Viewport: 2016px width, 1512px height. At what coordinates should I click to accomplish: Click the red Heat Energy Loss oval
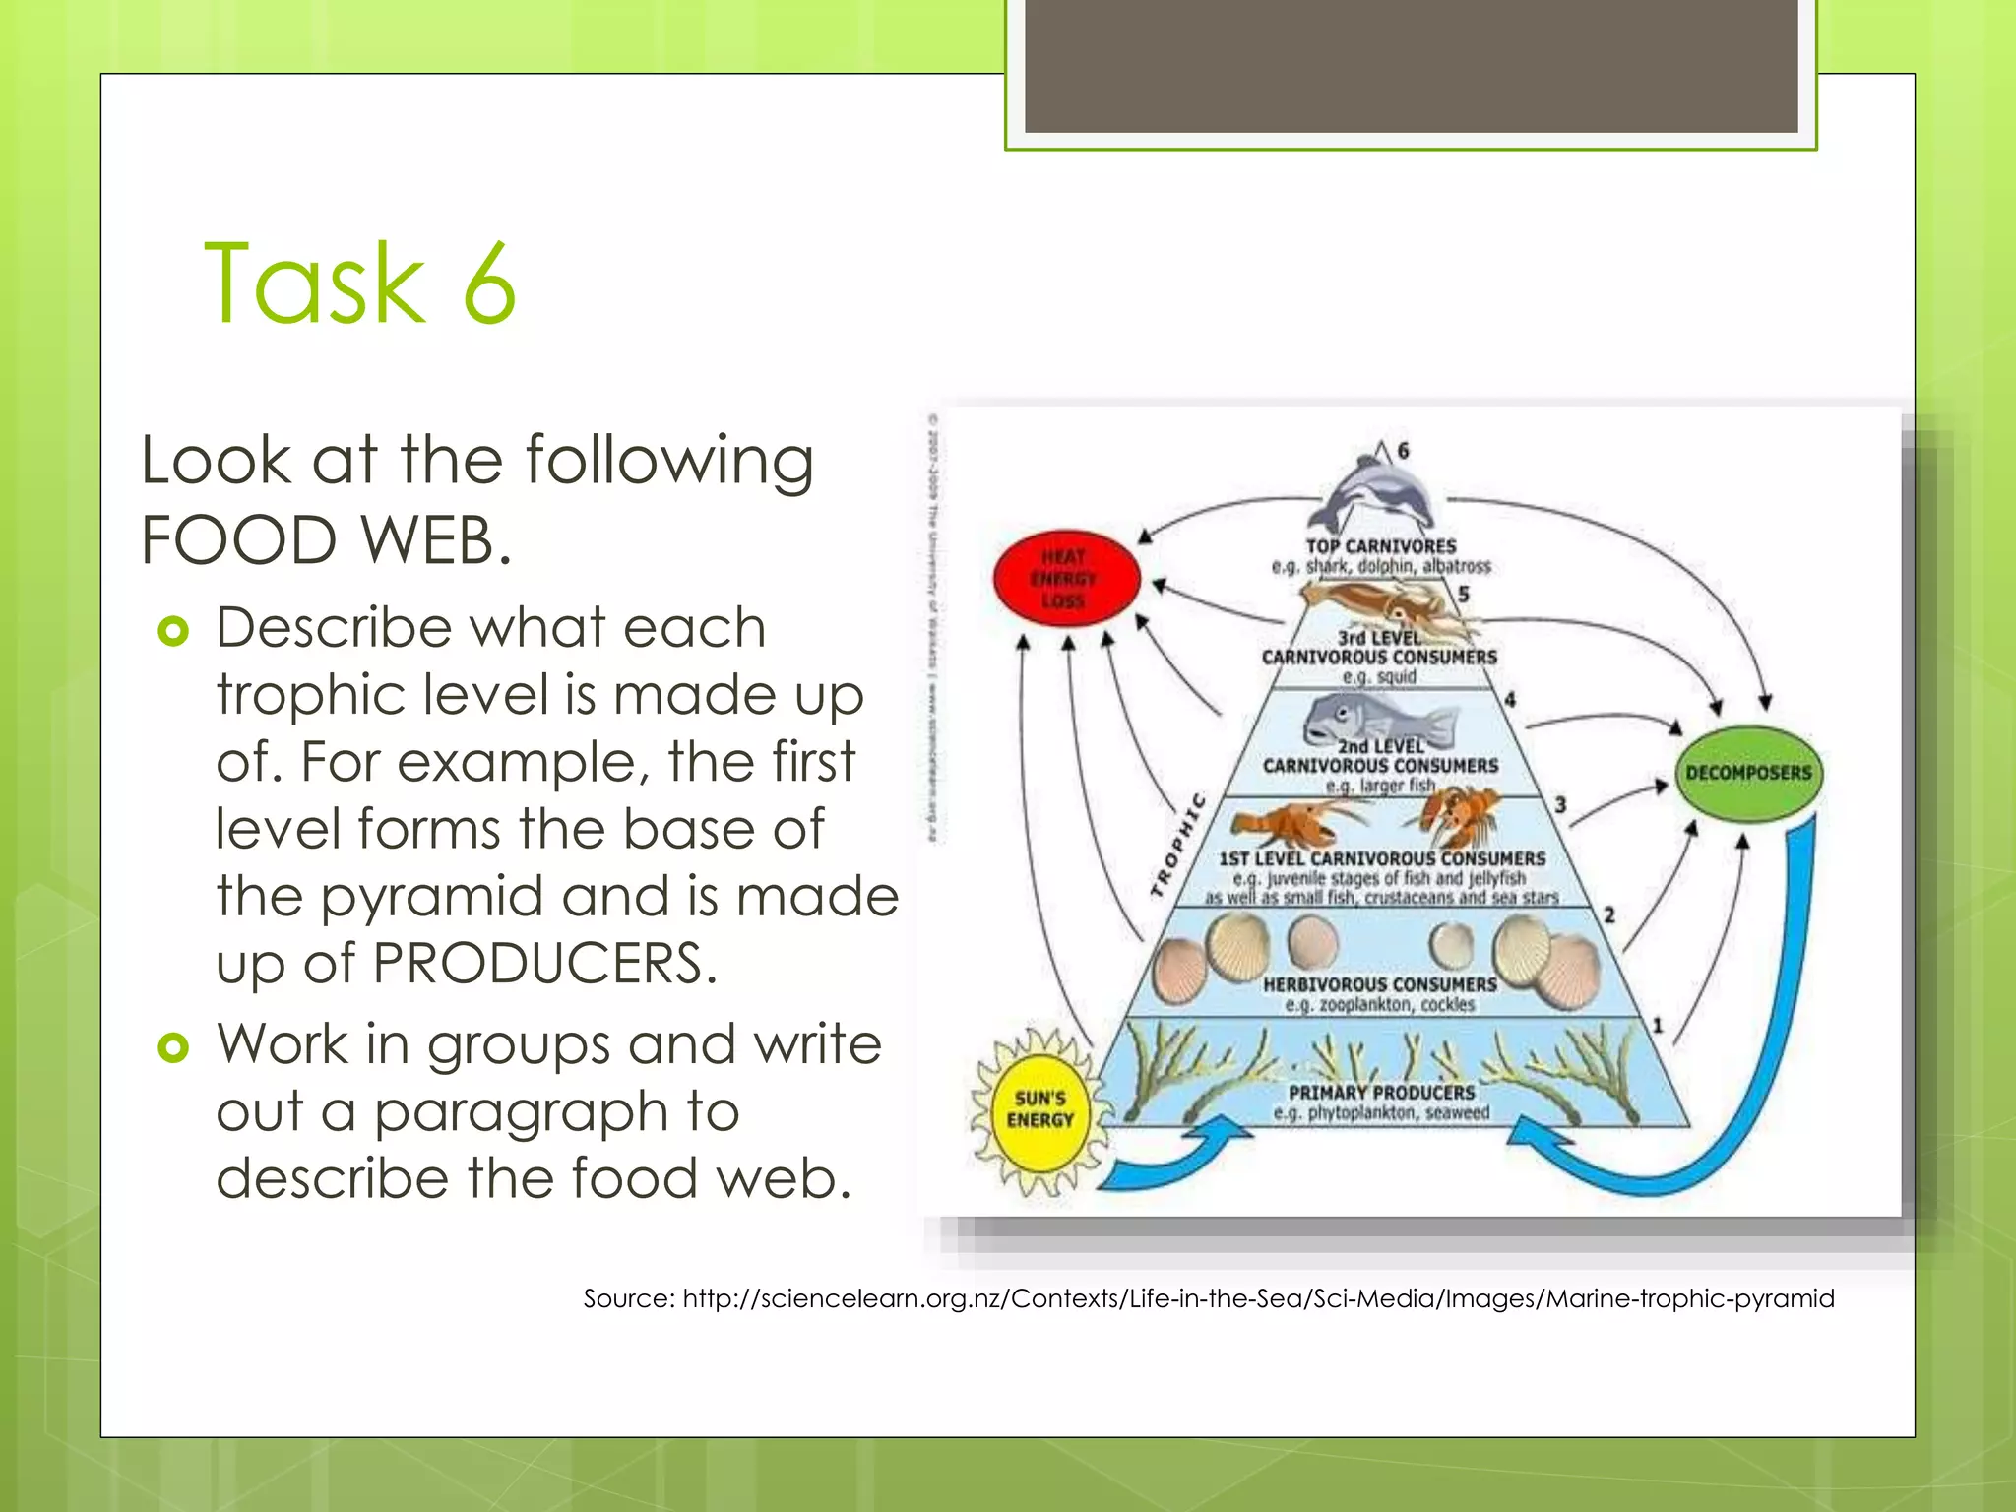(x=1066, y=579)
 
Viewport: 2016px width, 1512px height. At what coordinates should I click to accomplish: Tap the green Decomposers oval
(x=1748, y=773)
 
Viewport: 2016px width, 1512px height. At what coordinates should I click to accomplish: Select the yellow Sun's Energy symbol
(x=1039, y=1109)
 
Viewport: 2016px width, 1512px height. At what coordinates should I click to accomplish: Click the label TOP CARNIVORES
(x=1381, y=546)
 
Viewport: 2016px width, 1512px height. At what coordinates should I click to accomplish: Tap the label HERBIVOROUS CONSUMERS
(x=1380, y=983)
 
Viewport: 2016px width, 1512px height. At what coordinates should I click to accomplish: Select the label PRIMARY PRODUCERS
(x=1381, y=1092)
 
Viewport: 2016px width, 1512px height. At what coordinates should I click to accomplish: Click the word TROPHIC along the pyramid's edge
(x=1178, y=845)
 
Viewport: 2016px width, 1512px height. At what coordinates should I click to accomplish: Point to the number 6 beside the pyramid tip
(x=1403, y=451)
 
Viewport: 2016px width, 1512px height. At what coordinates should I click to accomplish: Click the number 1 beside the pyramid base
(x=1658, y=1026)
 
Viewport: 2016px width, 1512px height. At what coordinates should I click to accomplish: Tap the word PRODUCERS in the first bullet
(x=543, y=963)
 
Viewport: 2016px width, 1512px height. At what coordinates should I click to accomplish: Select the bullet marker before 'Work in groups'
(x=173, y=1047)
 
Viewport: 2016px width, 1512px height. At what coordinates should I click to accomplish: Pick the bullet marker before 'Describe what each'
(x=173, y=630)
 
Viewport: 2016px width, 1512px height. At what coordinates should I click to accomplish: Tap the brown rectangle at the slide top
(x=1411, y=65)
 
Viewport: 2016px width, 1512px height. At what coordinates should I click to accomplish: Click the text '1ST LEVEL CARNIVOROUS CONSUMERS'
(x=1381, y=858)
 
